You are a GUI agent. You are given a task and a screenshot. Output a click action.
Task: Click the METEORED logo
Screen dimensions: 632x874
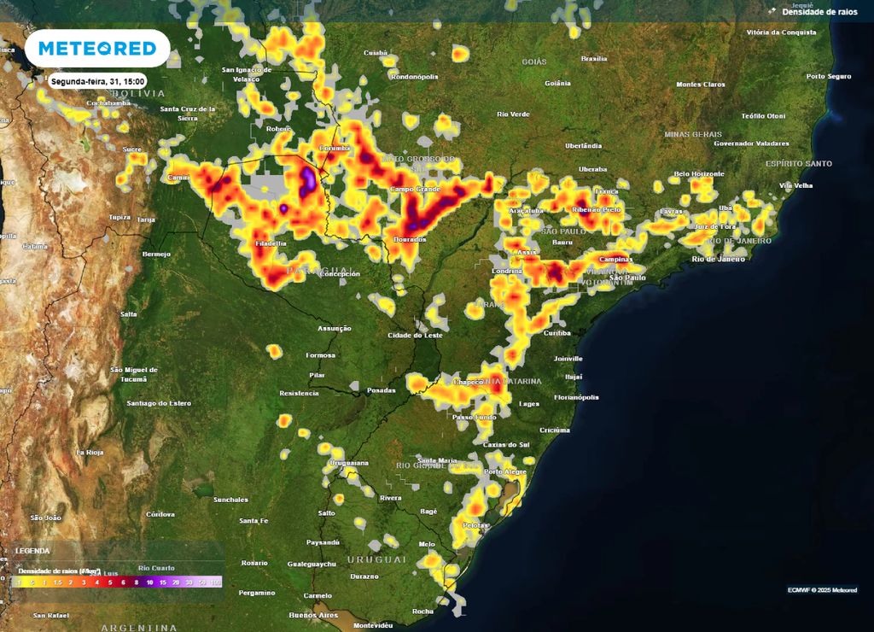coord(97,49)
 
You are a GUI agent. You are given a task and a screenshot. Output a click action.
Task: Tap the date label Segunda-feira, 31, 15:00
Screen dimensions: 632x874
coord(98,81)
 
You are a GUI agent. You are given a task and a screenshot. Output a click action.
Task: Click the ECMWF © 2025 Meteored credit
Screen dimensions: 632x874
coord(822,590)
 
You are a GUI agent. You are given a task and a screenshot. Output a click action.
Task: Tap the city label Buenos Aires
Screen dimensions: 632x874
coord(313,615)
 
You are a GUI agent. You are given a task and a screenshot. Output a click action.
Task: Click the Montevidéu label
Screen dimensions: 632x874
coord(373,625)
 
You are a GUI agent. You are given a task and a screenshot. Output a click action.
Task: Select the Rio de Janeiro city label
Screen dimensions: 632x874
coord(720,258)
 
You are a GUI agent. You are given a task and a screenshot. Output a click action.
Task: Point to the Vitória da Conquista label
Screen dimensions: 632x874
coord(780,32)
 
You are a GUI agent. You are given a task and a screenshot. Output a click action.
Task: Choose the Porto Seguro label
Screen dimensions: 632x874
coord(829,76)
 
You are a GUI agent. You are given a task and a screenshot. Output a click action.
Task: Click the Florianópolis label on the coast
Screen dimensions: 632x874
coord(576,397)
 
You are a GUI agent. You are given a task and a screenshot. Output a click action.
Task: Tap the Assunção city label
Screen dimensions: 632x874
coord(334,328)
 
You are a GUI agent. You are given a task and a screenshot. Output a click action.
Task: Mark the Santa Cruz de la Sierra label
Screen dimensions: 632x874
coord(187,113)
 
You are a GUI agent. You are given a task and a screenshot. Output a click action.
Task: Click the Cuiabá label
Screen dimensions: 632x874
coord(376,53)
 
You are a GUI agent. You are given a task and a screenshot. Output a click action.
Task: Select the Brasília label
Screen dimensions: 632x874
coord(593,59)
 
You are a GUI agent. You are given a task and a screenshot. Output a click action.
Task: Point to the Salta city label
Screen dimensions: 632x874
coord(129,314)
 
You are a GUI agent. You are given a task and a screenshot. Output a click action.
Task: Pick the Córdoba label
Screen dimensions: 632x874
coord(160,514)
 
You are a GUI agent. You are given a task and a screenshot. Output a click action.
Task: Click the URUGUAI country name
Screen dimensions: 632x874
coord(376,559)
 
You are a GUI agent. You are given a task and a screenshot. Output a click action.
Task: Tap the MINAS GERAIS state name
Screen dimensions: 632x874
coord(693,134)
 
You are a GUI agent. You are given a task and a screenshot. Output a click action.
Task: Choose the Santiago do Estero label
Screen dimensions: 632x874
coord(158,402)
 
